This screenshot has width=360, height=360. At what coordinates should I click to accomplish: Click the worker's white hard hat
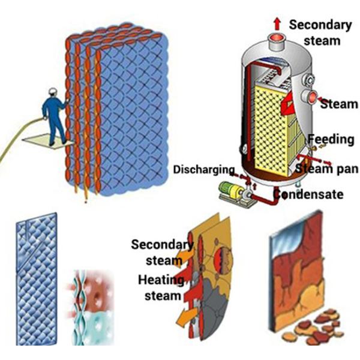tap(52, 92)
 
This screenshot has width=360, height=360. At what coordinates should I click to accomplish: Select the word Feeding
tap(331, 139)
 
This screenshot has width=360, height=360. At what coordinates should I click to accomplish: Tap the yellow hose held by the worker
tap(15, 144)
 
